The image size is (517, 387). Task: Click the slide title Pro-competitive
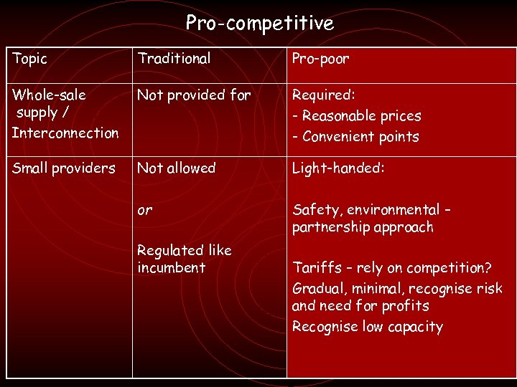tap(259, 24)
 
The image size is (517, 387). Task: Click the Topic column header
tap(29, 59)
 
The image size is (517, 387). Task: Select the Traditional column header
tap(174, 59)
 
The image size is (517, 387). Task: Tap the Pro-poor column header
tap(320, 59)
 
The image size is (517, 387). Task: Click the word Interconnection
tap(65, 133)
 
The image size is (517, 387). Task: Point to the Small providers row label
tap(63, 168)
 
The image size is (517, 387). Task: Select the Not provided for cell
tap(194, 95)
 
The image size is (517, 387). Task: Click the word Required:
tap(323, 95)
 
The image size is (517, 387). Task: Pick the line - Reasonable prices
tap(357, 115)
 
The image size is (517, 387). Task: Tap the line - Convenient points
tap(355, 136)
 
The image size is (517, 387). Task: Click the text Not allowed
tap(176, 168)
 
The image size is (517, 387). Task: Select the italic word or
tap(144, 211)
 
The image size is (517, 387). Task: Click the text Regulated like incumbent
tap(184, 259)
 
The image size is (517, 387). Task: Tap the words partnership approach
tap(363, 227)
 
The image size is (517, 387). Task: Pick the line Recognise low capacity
tap(367, 327)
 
